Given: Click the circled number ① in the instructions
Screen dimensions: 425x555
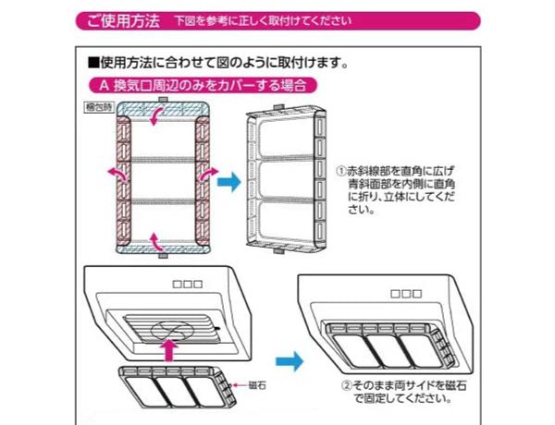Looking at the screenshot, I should pos(341,172).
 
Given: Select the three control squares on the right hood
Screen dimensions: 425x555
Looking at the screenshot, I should pos(403,294).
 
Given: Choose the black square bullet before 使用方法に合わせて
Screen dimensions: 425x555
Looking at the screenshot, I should pos(92,65).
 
